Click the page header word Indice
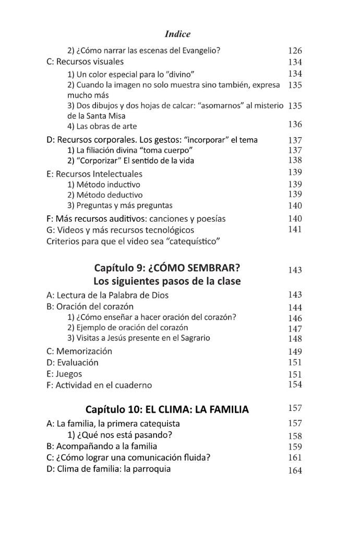point(177,34)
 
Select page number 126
point(295,51)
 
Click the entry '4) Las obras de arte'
point(102,126)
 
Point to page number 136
point(295,124)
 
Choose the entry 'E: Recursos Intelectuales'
point(94,174)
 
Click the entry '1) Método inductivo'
point(104,184)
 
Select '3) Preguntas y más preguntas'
point(119,205)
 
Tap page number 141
point(295,229)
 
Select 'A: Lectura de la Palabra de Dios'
point(107,295)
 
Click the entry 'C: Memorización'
point(79,351)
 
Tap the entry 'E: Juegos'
point(64,374)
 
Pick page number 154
point(295,384)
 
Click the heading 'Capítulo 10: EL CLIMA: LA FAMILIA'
point(167,409)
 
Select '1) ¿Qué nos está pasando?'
point(115,435)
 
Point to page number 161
point(295,458)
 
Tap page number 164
point(295,470)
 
